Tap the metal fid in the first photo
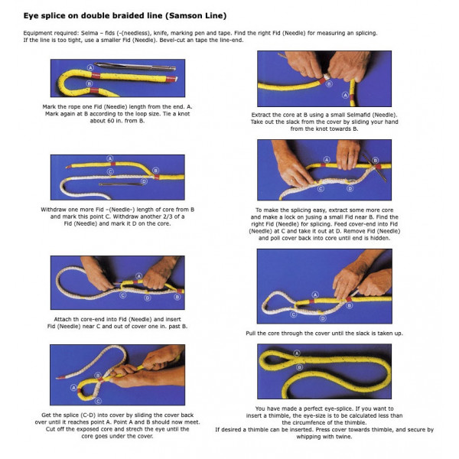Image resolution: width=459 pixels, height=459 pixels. pyautogui.click(x=135, y=67)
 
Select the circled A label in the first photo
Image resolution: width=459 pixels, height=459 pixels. pyautogui.click(x=90, y=68)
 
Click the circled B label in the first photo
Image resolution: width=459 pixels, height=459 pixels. pyautogui.click(x=90, y=83)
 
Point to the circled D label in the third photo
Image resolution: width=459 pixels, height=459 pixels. pyautogui.click(x=144, y=181)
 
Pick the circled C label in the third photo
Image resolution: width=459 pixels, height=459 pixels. pyautogui.click(x=110, y=172)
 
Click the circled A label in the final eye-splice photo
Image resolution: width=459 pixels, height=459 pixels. pyautogui.click(x=297, y=353)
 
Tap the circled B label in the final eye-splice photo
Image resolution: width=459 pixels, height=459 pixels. pyautogui.click(x=299, y=367)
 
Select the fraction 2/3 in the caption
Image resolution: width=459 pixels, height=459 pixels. pyautogui.click(x=169, y=216)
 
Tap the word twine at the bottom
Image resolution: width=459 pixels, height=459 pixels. pyautogui.click(x=343, y=437)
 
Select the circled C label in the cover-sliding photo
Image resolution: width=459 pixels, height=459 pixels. pyautogui.click(x=99, y=401)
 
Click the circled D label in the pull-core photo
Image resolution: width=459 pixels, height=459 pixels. pyautogui.click(x=323, y=318)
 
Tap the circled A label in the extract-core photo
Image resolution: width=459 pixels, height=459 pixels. pyautogui.click(x=346, y=95)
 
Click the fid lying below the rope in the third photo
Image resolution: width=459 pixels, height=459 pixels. pyautogui.click(x=121, y=184)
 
